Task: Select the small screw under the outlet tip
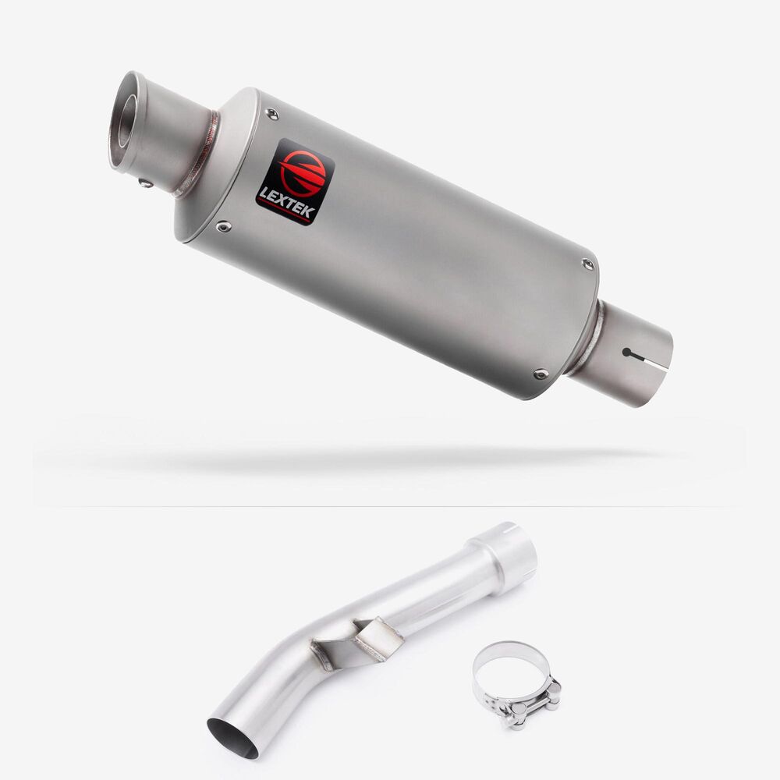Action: (x=146, y=183)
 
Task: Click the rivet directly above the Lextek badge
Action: (x=272, y=114)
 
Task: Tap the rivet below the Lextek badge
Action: (x=223, y=227)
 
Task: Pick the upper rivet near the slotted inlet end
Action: (x=588, y=264)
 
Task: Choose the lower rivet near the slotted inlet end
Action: (x=541, y=374)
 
